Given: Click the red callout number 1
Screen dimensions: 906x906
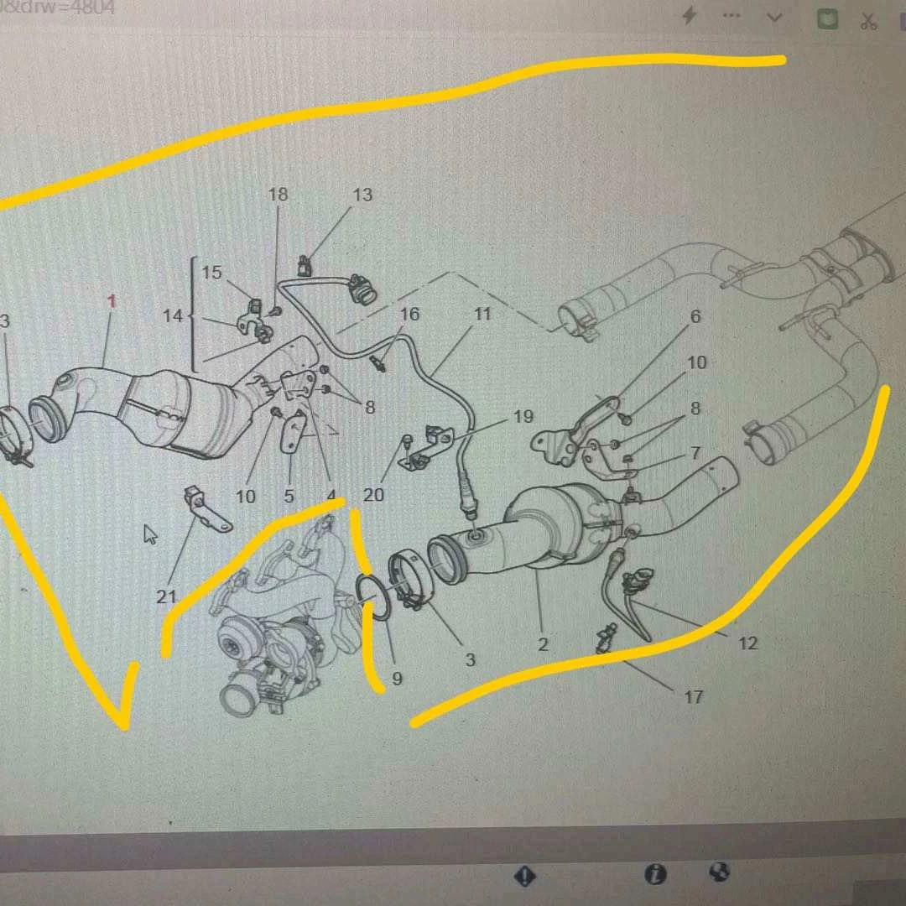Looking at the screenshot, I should tap(112, 301).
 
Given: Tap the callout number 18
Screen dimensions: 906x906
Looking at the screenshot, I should tap(278, 195).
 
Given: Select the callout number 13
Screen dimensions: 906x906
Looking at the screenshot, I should tap(362, 195).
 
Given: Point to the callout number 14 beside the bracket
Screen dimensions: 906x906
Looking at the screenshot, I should tap(173, 316).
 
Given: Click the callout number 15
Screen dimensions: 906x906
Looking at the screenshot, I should tap(212, 273).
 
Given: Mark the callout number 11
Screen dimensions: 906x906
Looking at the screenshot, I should tap(482, 315).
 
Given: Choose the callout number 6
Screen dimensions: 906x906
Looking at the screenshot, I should tap(695, 317).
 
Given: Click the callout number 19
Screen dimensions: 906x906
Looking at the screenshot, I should tap(523, 417).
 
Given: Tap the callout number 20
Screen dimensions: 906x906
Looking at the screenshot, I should tap(373, 495).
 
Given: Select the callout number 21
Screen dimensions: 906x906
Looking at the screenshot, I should tap(166, 596).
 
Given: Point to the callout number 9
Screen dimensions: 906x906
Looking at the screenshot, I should tap(397, 679).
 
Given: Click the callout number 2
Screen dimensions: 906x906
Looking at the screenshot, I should tap(543, 644).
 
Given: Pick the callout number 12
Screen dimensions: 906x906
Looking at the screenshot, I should tap(747, 643).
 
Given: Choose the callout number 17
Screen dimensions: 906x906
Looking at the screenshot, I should tap(693, 696).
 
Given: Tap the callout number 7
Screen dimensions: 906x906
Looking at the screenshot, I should tap(695, 453).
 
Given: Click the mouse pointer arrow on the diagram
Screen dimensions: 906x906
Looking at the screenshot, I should tap(151, 534).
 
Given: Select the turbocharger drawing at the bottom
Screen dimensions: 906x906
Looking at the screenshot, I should tap(268, 621).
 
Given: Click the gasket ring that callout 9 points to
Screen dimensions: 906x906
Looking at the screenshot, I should tap(374, 597).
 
